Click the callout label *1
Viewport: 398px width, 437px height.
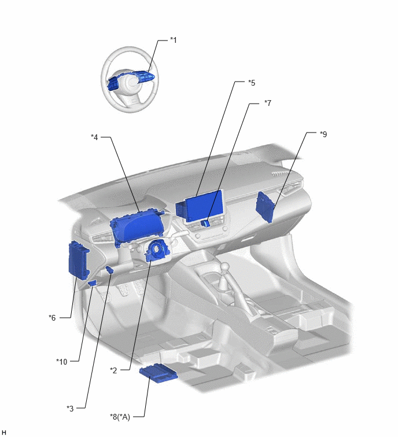coord(173,40)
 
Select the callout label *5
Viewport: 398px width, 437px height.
coord(252,83)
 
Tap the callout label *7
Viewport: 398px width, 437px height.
coord(268,103)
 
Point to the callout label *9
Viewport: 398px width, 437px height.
coord(323,134)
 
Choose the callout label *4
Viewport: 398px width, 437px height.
coord(94,137)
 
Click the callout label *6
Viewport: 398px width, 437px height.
coord(52,317)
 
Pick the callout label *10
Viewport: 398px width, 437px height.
coord(61,362)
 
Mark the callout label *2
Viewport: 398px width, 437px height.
coord(113,370)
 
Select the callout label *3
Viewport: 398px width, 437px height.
coord(70,408)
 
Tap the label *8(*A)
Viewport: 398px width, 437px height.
coord(120,417)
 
